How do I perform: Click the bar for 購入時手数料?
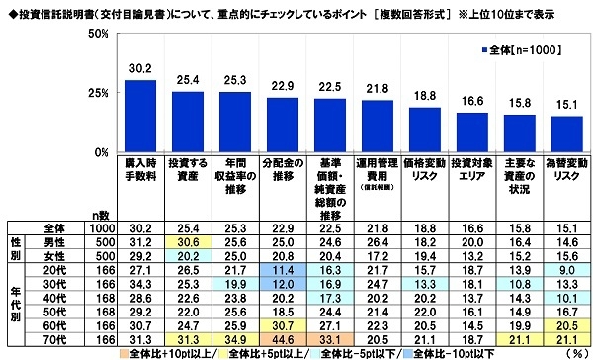[x=139, y=117]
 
